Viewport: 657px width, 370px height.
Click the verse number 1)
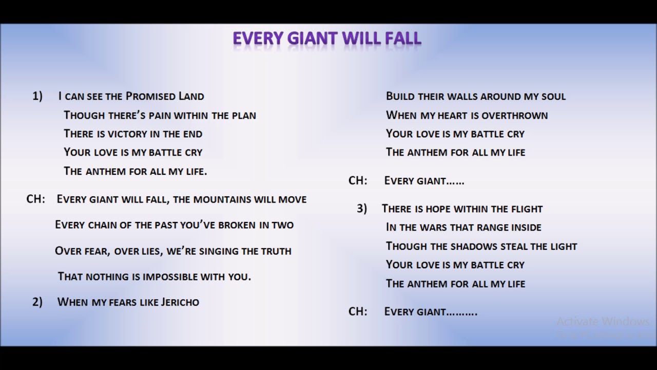(37, 96)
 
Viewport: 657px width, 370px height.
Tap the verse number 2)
(37, 302)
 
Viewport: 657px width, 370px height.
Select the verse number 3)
(362, 209)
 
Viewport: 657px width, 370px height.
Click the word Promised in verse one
(150, 96)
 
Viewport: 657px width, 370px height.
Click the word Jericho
(180, 302)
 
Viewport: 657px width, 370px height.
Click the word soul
(552, 97)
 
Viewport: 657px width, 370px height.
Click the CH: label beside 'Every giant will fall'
(35, 199)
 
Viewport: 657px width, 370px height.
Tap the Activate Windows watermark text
(603, 322)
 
